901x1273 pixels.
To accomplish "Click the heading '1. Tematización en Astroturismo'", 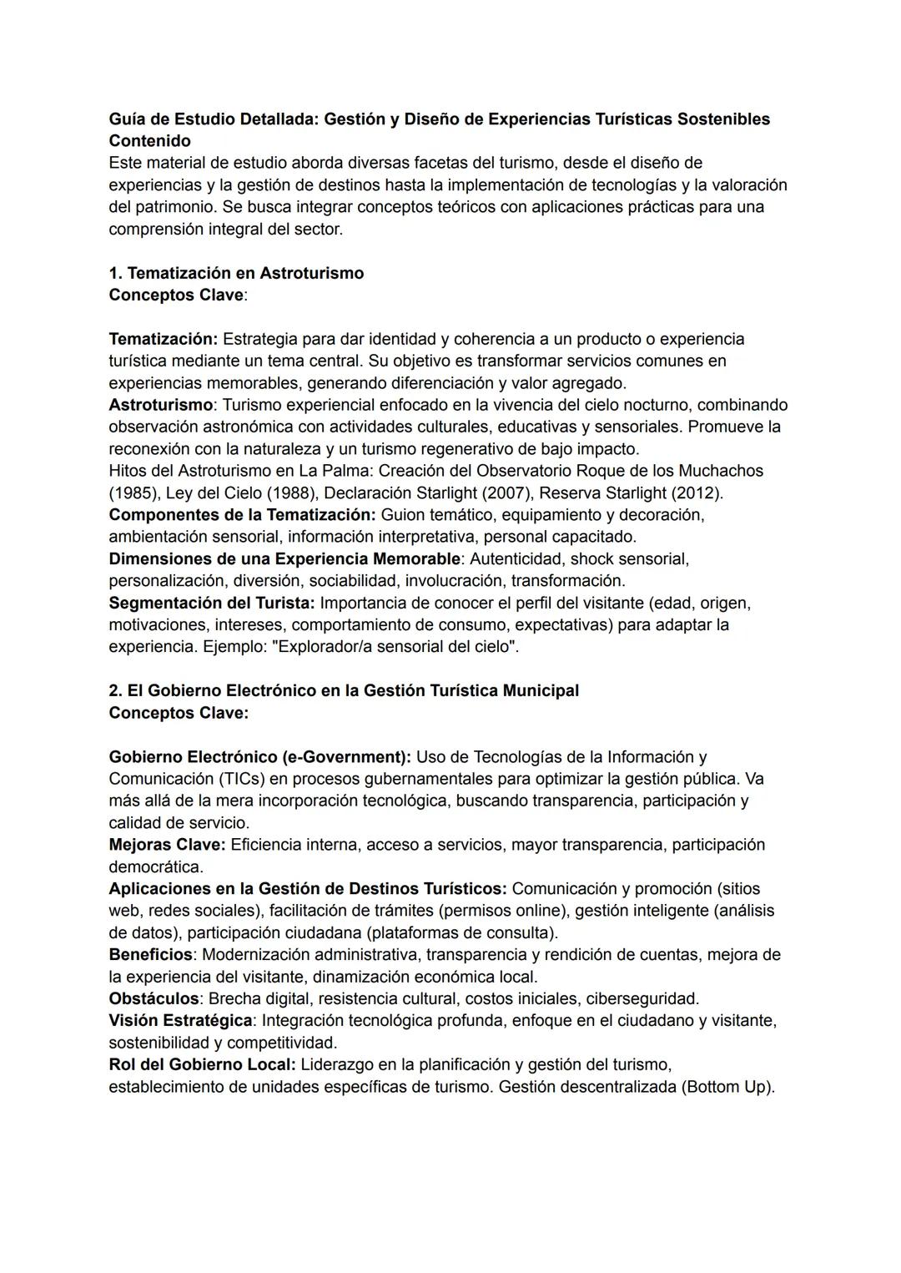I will [x=236, y=273].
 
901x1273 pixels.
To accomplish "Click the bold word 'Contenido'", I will [x=149, y=140].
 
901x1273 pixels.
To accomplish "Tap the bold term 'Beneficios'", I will [x=150, y=954].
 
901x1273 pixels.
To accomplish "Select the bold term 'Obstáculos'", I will [x=154, y=998].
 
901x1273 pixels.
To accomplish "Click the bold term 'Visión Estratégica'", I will [x=180, y=1020].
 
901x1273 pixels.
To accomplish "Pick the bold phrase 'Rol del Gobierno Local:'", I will [x=202, y=1064].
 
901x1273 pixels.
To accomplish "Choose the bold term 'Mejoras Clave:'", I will [x=168, y=844].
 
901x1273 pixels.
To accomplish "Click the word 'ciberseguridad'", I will [x=642, y=998].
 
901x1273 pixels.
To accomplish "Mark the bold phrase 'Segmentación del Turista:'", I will [x=212, y=602].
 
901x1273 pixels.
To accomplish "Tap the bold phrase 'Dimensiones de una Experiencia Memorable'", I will [x=284, y=558].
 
